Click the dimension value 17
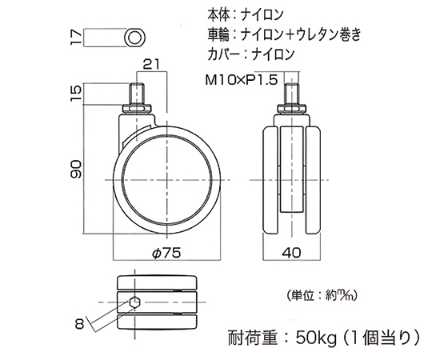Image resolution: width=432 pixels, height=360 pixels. click(76, 38)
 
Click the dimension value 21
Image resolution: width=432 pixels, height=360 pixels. click(152, 65)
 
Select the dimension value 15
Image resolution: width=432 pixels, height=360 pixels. click(76, 94)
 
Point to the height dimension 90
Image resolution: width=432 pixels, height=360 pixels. click(76, 169)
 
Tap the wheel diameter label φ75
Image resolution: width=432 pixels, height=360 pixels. click(166, 253)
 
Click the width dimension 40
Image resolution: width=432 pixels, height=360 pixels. click(292, 252)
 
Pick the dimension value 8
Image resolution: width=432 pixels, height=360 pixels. click(79, 324)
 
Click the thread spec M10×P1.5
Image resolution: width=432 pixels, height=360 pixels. click(242, 80)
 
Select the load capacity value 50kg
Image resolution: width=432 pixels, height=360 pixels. click(316, 338)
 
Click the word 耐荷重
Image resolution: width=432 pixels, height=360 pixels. click(252, 338)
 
